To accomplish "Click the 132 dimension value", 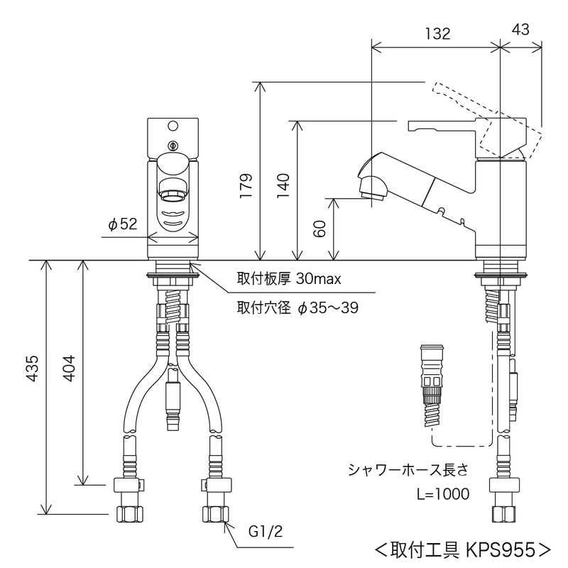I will click(x=436, y=33).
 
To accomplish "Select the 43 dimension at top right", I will click(x=520, y=30).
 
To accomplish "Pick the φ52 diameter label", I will click(x=122, y=225).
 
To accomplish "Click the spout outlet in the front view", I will click(x=173, y=190).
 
